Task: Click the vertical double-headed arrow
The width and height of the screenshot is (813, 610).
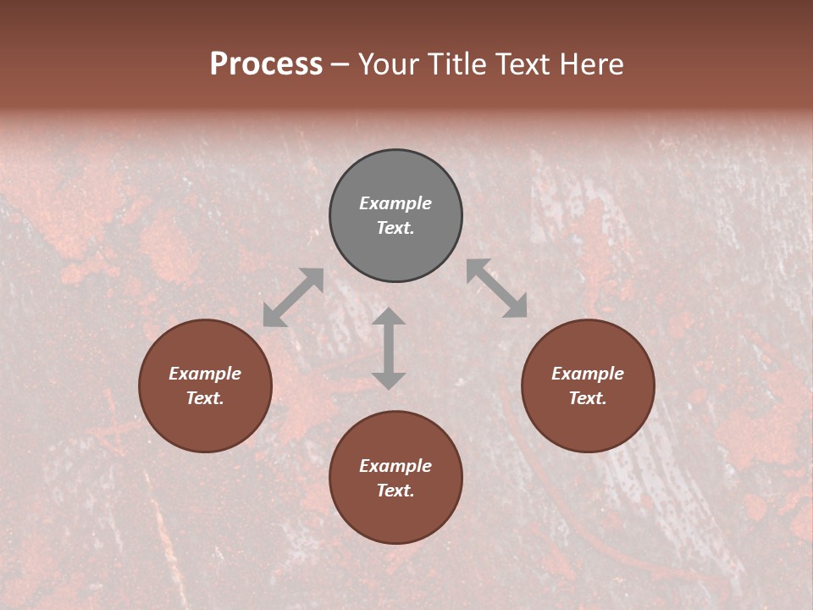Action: coord(389,348)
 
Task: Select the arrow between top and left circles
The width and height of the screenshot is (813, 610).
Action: coord(293,297)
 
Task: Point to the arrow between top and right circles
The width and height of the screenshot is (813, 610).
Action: coord(497,288)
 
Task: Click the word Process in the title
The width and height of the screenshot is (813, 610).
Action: coord(266,64)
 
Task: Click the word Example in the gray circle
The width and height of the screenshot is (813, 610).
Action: coord(395,203)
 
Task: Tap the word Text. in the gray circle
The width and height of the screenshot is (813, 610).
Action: coord(395,228)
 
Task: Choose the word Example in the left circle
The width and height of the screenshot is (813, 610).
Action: coord(205,374)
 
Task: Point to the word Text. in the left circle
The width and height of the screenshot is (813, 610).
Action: coord(205,398)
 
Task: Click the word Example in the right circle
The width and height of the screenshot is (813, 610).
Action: coord(588,374)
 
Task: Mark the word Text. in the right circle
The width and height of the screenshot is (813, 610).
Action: coord(588,398)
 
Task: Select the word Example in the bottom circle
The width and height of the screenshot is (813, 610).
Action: coord(395,466)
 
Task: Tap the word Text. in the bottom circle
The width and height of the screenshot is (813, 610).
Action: coord(395,491)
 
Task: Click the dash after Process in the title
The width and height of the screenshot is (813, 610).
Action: coord(340,64)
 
